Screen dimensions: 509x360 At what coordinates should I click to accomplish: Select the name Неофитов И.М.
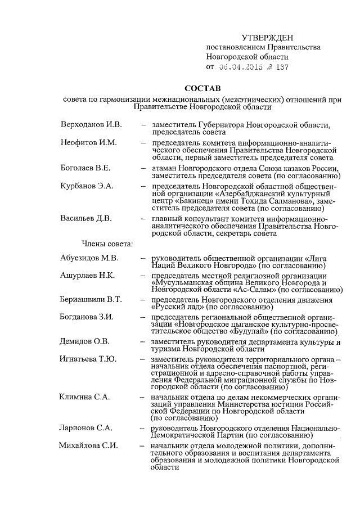[88, 142]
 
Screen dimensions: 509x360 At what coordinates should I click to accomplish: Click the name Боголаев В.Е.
[87, 168]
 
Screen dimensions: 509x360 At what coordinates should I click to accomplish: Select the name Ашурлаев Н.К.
[87, 275]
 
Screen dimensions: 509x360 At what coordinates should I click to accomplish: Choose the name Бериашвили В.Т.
[91, 300]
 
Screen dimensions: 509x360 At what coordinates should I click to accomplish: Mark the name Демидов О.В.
[85, 341]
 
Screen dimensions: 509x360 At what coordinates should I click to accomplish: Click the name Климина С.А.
[84, 397]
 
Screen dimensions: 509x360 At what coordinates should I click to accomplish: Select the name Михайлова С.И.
[88, 446]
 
